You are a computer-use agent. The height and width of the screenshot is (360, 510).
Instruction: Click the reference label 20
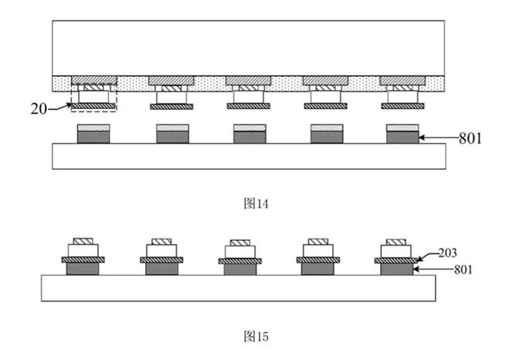[x=39, y=109]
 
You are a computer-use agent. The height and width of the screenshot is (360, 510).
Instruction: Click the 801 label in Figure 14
[x=470, y=138]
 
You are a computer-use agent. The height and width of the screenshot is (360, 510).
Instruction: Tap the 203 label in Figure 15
[x=447, y=253]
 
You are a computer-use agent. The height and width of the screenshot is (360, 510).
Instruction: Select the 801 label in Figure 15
[x=463, y=270]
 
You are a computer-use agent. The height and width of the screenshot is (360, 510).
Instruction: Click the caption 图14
[x=256, y=204]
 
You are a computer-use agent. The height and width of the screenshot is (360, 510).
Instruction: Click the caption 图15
[x=256, y=336]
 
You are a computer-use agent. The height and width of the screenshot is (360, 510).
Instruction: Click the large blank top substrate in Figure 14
[x=249, y=48]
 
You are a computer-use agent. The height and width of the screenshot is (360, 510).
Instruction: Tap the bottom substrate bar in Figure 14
[x=249, y=156]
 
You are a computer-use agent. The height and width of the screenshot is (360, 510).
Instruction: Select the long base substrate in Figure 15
[x=239, y=288]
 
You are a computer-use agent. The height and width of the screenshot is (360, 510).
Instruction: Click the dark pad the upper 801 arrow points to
[x=403, y=138]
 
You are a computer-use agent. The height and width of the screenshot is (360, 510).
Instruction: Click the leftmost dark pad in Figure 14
[x=93, y=138]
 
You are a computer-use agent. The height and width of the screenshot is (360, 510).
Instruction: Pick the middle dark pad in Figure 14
[x=250, y=138]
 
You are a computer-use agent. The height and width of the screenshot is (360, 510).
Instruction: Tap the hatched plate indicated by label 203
[x=396, y=260]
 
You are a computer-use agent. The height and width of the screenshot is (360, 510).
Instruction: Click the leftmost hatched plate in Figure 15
[x=83, y=260]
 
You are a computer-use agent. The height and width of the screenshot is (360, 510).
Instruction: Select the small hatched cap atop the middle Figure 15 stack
[x=240, y=243]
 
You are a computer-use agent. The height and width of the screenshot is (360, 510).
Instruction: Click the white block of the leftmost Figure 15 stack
[x=83, y=250]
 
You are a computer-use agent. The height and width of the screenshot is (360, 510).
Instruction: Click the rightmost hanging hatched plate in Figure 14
[x=403, y=106]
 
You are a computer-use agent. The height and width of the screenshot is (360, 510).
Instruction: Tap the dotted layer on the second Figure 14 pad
[x=172, y=127]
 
